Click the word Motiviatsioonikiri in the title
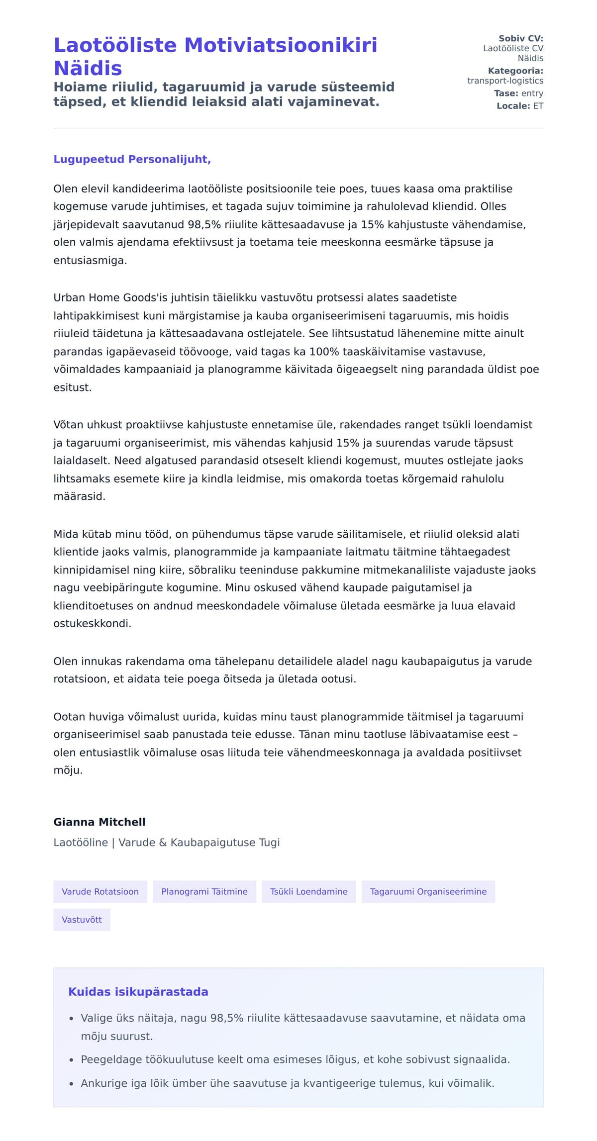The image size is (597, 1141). point(281,45)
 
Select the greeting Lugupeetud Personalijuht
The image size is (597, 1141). point(132,159)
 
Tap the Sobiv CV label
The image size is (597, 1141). point(520,38)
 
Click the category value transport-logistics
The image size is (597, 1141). point(505,81)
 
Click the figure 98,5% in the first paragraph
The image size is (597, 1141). point(204,224)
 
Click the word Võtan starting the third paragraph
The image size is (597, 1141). point(69,425)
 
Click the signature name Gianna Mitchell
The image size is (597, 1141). point(99,822)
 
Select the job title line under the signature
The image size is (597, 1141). point(167,843)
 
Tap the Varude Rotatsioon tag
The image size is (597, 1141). point(100,892)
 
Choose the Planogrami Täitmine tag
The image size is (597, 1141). point(204,892)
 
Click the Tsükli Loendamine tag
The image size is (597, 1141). point(308,892)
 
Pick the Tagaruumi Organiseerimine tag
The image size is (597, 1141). point(428,892)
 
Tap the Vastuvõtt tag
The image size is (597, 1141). point(82,920)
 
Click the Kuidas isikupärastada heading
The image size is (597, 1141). point(138,992)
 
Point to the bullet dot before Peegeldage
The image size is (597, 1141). point(72,1060)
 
